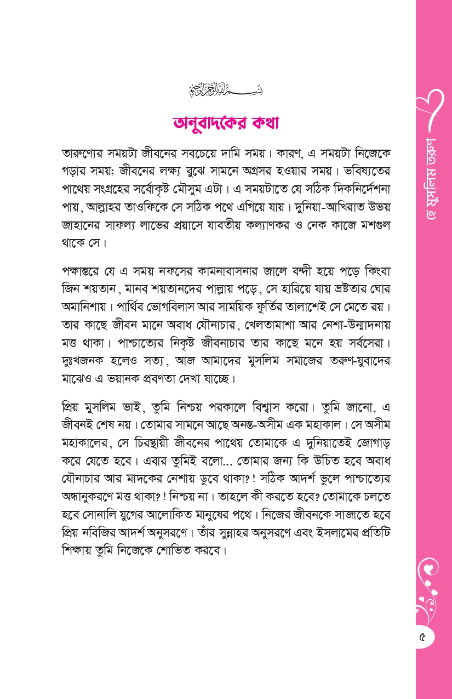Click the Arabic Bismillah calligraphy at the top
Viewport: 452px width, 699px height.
point(226,88)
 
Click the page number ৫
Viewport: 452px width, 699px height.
point(422,637)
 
